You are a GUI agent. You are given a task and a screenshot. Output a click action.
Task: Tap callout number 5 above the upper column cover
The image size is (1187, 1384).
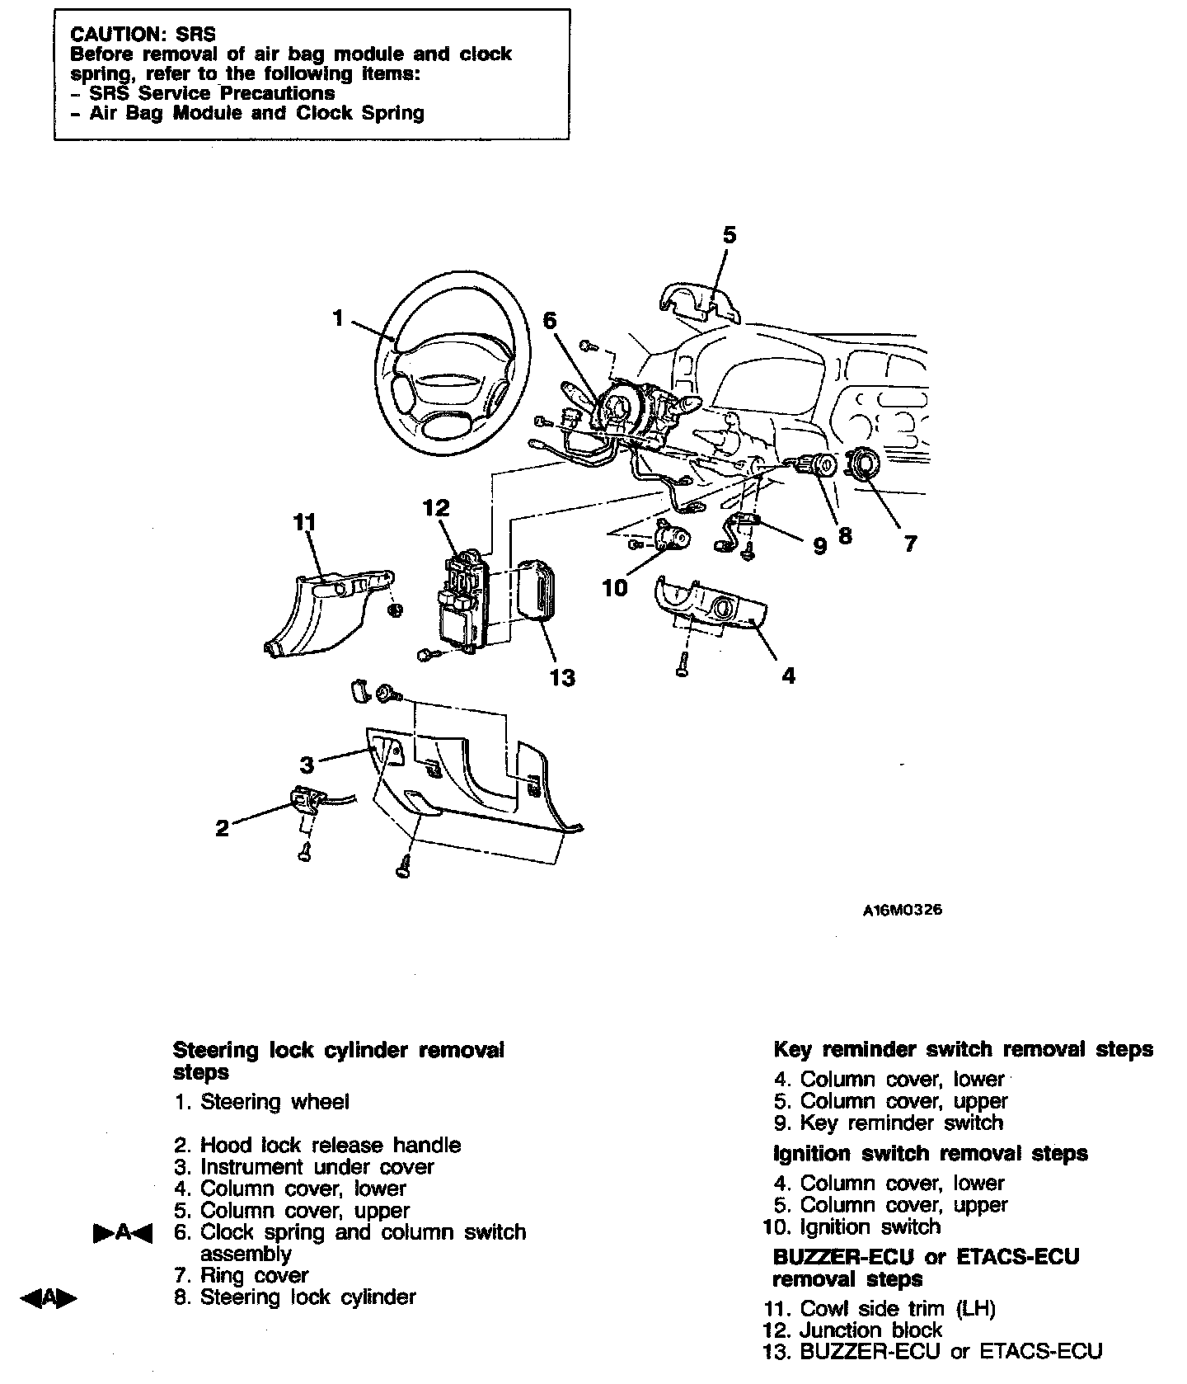coord(729,236)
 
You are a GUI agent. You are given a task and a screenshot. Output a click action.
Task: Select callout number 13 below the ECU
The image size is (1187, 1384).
coord(562,678)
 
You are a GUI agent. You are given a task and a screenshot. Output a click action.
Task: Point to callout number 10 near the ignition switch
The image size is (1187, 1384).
coord(614,587)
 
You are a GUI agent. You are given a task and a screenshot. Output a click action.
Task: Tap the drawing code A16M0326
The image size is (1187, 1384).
coord(903,911)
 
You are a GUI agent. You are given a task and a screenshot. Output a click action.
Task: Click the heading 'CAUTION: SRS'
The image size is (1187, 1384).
coord(143,35)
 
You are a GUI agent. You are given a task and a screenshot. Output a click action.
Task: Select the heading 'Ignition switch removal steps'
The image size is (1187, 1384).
coord(931,1153)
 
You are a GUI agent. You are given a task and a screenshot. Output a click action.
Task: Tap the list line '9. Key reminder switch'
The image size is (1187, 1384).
coord(889,1123)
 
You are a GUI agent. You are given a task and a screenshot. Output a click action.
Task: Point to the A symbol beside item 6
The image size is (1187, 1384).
coord(123,1233)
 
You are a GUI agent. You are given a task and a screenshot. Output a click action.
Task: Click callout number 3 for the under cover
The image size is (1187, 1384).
coord(307,765)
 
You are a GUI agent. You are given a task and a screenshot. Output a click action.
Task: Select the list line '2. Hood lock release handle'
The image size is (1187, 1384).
coord(317,1145)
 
